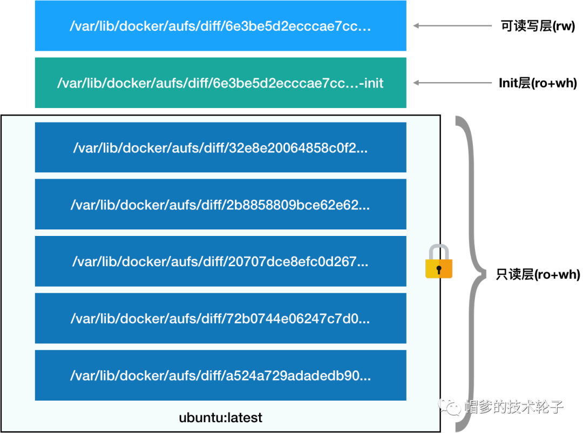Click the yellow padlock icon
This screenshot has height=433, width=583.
439,263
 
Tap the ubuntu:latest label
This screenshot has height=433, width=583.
220,417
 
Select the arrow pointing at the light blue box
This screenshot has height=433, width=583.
452,25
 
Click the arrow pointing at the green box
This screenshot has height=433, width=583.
452,83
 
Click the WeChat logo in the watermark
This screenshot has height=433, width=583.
449,405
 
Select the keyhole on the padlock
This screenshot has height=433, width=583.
439,269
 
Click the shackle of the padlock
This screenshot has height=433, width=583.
439,253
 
